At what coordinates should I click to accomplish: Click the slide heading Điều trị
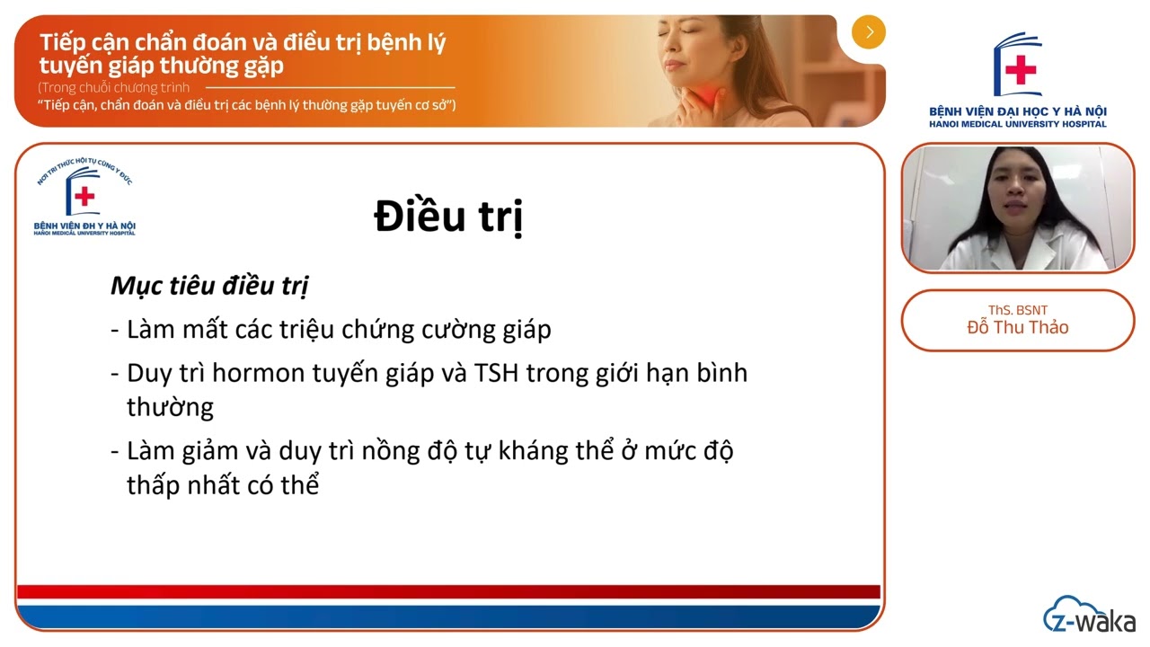pos(448,217)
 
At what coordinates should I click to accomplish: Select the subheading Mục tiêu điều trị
pos(209,286)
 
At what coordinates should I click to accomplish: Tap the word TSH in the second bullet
pos(494,373)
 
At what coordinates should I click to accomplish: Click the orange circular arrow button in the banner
pos(869,32)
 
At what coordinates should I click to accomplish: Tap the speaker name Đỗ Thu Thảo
pos(1018,327)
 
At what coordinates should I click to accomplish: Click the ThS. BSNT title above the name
pos(1018,310)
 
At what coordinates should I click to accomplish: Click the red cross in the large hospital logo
pos(1021,70)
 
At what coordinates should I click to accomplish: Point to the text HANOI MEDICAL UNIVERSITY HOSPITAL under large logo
pos(1018,124)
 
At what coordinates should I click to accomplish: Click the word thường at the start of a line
pos(170,407)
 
